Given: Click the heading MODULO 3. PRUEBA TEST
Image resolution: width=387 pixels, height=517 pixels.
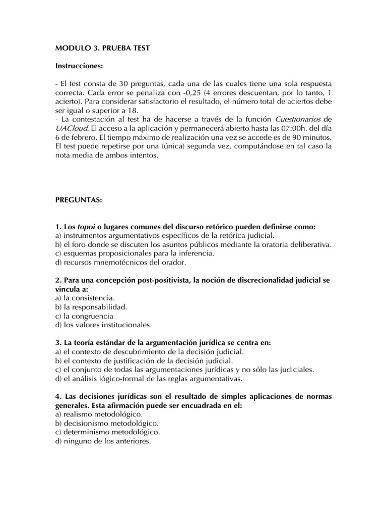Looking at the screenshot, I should point(102,48).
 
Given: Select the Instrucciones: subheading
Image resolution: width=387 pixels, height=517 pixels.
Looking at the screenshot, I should point(79,66).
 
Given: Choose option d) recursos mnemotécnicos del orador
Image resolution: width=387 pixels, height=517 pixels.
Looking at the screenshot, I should point(121,263).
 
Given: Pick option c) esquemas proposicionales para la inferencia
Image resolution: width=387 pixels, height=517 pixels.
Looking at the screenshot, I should point(135,253).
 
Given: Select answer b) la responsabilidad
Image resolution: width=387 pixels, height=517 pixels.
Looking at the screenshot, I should point(91,307).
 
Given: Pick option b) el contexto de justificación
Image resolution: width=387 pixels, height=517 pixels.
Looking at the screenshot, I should point(144,360).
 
